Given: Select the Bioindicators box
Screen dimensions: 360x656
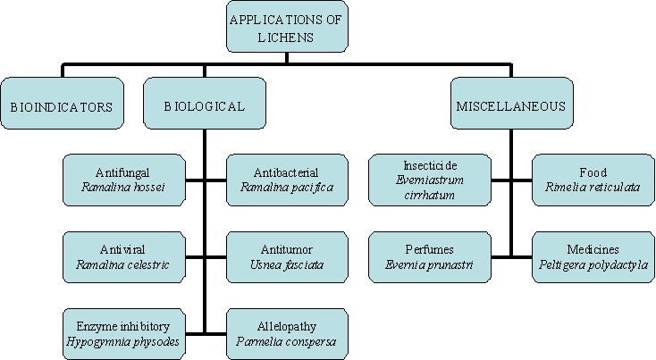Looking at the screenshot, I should click(62, 105).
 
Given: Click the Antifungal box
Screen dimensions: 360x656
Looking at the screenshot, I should click(124, 180).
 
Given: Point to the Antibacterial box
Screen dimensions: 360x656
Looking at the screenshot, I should click(286, 180).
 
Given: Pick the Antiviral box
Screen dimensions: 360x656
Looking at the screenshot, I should click(124, 257).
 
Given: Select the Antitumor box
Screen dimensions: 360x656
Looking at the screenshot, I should click(286, 257).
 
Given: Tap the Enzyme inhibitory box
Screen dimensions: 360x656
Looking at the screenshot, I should click(124, 333).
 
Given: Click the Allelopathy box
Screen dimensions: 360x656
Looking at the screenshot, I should click(286, 333).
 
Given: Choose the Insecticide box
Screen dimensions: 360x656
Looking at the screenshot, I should click(431, 180).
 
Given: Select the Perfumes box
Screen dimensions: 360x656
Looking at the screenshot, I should click(431, 257).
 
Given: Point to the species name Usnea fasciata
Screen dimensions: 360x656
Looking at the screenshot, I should click(286, 265).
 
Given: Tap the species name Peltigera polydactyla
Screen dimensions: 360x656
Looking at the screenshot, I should click(593, 265).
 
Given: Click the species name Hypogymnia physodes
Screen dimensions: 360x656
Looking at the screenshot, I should click(124, 341).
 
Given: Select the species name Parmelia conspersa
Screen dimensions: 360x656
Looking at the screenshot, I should click(286, 341).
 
